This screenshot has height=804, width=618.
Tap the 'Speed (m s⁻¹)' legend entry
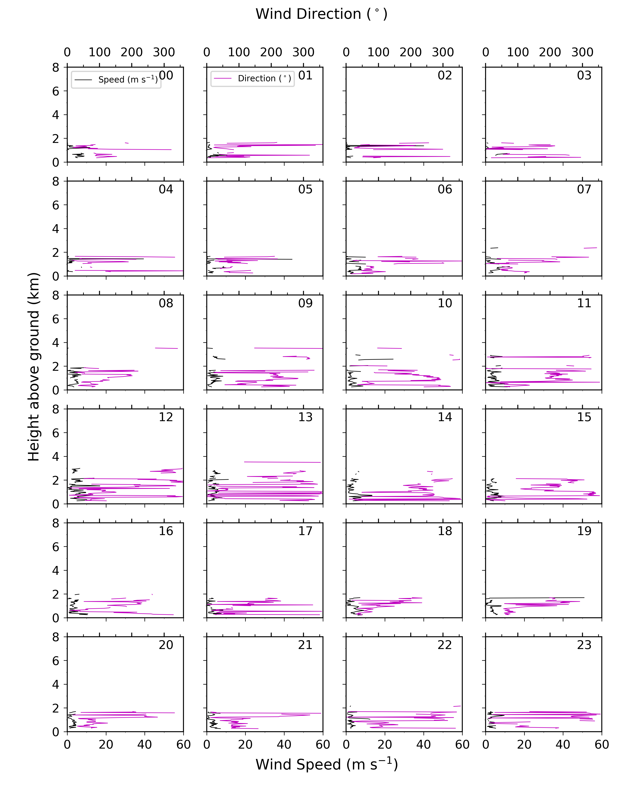pos(128,80)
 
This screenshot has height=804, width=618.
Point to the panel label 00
pos(166,75)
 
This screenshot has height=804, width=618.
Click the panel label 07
pos(584,189)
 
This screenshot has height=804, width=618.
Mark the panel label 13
pos(305,417)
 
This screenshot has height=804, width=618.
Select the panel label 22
pos(445,645)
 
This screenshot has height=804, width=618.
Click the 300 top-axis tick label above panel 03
pos(582,52)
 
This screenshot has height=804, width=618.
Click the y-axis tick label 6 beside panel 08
pos(56,319)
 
